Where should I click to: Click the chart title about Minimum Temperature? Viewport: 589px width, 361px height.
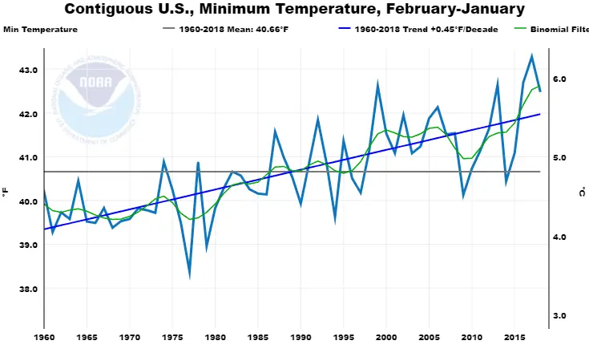coord(294,10)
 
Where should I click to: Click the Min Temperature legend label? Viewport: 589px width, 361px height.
coord(41,30)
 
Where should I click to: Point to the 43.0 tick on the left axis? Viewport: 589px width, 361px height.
coord(28,70)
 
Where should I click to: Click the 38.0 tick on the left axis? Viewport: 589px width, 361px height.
coord(28,289)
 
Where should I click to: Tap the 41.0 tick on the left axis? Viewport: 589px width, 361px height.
coord(28,157)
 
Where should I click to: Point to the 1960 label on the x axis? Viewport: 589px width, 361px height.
coord(44,338)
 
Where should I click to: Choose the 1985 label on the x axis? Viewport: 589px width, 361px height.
coord(258,338)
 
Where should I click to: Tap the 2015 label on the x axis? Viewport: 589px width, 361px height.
coord(514,338)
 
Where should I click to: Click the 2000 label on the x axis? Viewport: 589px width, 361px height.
coord(386,338)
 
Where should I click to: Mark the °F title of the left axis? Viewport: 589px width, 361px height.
coord(6,193)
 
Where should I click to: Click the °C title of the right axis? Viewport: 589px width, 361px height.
coord(580,193)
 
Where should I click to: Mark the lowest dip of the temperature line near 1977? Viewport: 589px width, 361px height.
coord(190,275)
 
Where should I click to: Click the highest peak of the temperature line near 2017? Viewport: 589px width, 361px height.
coord(532,56)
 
